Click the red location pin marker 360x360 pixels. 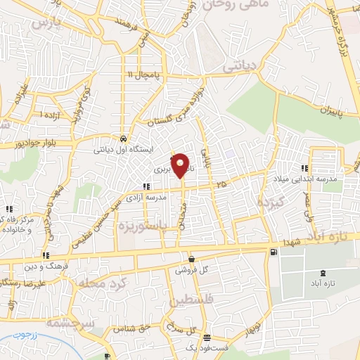(x=181, y=166)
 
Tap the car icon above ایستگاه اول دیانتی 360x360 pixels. (x=123, y=139)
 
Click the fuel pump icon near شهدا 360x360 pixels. (x=273, y=252)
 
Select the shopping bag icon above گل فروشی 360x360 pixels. (x=191, y=259)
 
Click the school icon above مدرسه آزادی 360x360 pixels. (x=146, y=186)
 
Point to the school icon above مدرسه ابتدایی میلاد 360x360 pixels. (x=305, y=167)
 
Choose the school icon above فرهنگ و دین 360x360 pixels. (x=46, y=255)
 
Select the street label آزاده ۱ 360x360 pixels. (x=51, y=115)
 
